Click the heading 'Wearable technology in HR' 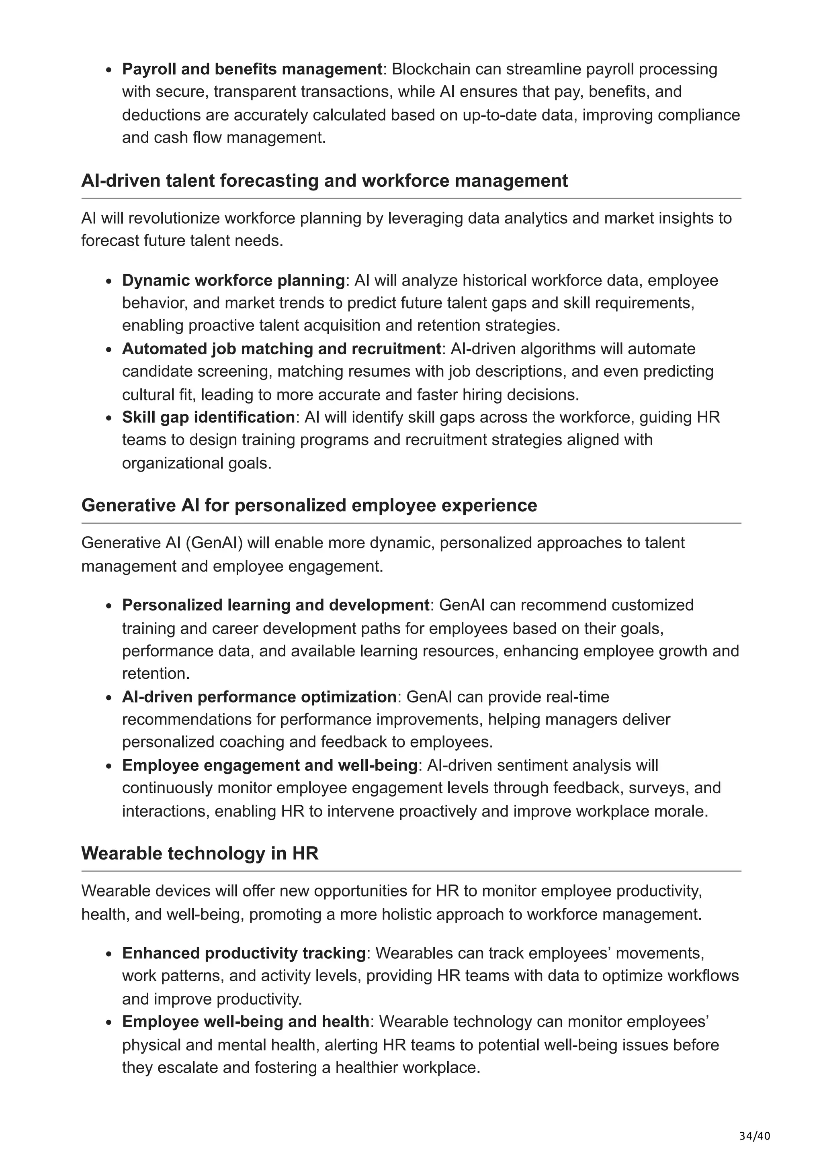point(199,853)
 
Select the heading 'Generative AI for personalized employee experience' point(309,505)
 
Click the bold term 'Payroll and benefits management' point(252,69)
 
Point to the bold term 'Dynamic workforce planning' point(233,280)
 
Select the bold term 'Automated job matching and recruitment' point(281,349)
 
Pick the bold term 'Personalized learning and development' point(276,605)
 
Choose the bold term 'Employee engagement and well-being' point(269,765)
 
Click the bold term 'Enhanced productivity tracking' point(244,953)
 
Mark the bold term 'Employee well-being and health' point(246,1021)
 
